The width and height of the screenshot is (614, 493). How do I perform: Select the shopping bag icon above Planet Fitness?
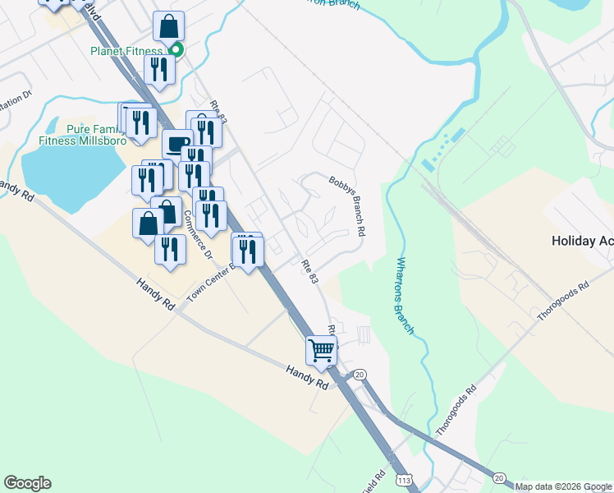point(168,27)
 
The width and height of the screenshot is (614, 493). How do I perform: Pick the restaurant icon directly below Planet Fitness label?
point(158,70)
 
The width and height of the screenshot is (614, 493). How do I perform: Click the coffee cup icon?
point(176,145)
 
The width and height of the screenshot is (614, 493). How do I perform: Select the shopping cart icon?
point(321,349)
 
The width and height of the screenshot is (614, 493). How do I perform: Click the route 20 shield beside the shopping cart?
point(359,375)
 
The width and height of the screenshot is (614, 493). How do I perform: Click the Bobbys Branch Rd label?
point(347,205)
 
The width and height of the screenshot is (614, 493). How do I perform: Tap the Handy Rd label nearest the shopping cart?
point(307,377)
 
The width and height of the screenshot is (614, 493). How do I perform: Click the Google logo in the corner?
point(27,483)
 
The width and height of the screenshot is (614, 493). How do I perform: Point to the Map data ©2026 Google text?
point(564,486)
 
